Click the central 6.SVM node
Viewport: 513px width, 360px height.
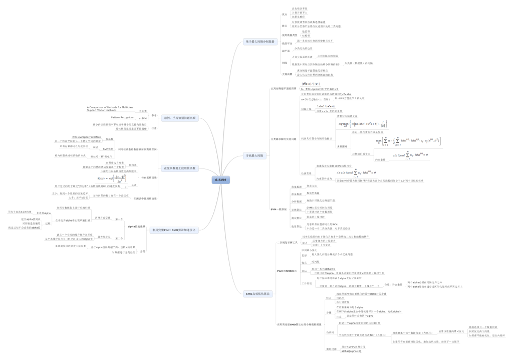(x=220, y=180)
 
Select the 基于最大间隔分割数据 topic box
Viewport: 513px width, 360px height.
(x=259, y=41)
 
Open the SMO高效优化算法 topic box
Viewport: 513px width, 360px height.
(x=258, y=293)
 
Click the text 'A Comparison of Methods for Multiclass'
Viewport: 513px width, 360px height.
(x=110, y=107)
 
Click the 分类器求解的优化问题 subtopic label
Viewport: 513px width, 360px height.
(x=283, y=138)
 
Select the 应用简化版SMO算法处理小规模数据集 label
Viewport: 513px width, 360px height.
(x=299, y=324)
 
